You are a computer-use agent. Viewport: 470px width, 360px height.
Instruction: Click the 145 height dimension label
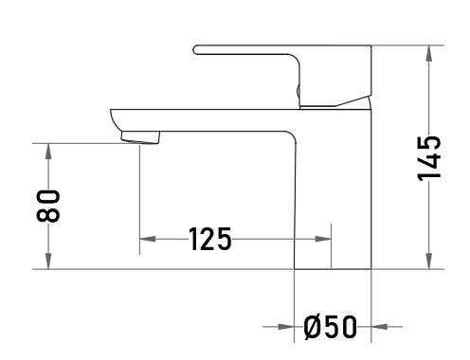coord(429,159)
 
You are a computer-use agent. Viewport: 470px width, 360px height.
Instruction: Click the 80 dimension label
coord(48,207)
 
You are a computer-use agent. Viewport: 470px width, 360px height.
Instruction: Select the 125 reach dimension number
coord(210,239)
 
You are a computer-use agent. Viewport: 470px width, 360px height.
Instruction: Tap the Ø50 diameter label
coord(331,327)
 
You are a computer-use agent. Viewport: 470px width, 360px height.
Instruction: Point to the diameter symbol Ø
coord(312,327)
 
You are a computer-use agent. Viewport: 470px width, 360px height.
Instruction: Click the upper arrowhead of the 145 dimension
coord(429,53)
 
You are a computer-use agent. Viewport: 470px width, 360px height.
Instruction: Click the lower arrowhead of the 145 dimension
coord(429,261)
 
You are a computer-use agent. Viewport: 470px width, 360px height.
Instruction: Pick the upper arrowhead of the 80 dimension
coord(48,151)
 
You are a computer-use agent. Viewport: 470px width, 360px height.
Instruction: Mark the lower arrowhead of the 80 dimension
coord(48,261)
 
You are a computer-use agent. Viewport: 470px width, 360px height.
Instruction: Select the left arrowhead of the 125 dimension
coord(148,239)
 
